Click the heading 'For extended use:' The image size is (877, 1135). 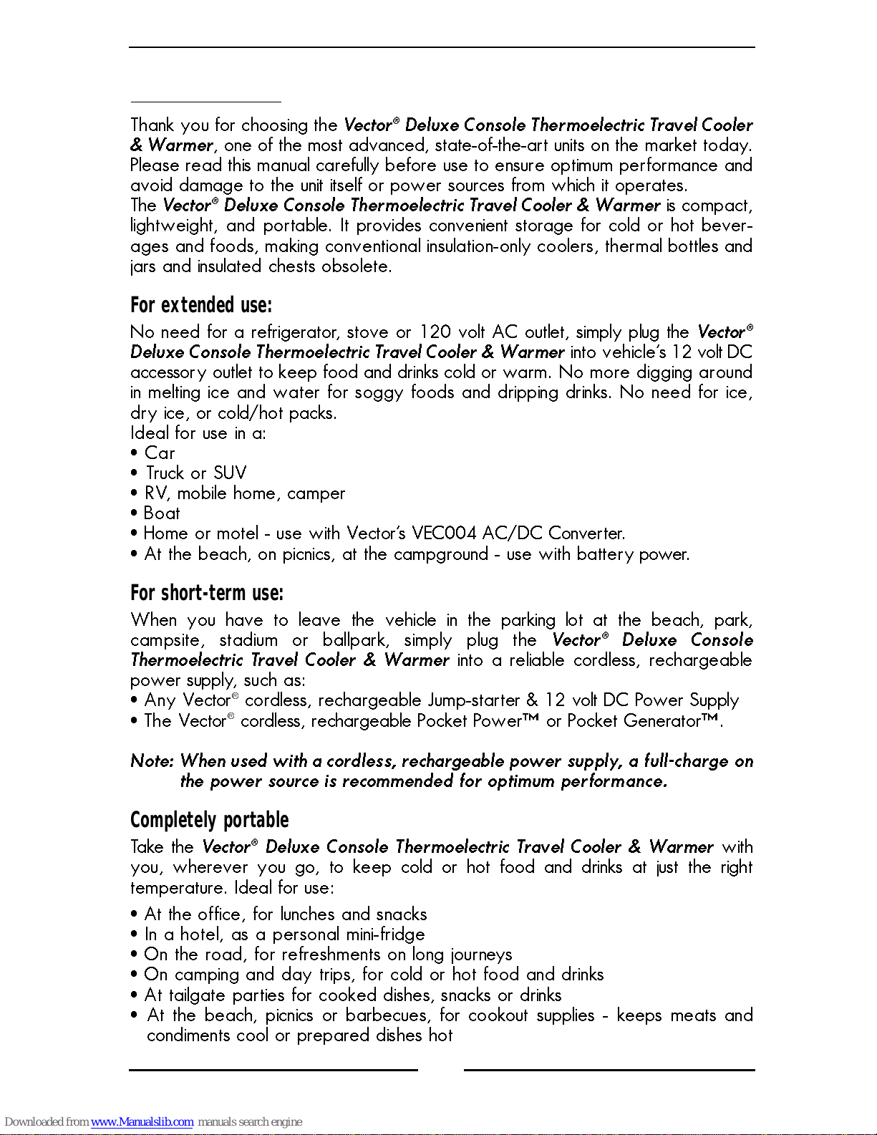click(200, 306)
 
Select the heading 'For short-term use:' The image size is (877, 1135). click(206, 594)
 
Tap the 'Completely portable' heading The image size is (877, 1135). click(209, 821)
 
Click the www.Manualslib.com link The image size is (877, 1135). click(142, 1122)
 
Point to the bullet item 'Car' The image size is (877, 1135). click(160, 453)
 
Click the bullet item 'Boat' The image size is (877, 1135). click(162, 513)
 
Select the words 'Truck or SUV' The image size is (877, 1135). click(196, 473)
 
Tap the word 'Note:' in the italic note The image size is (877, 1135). click(152, 761)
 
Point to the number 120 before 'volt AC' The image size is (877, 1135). click(435, 332)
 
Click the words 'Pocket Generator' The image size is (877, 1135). click(634, 721)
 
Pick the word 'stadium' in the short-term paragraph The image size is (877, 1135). click(248, 640)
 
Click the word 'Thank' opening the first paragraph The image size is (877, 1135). click(152, 125)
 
